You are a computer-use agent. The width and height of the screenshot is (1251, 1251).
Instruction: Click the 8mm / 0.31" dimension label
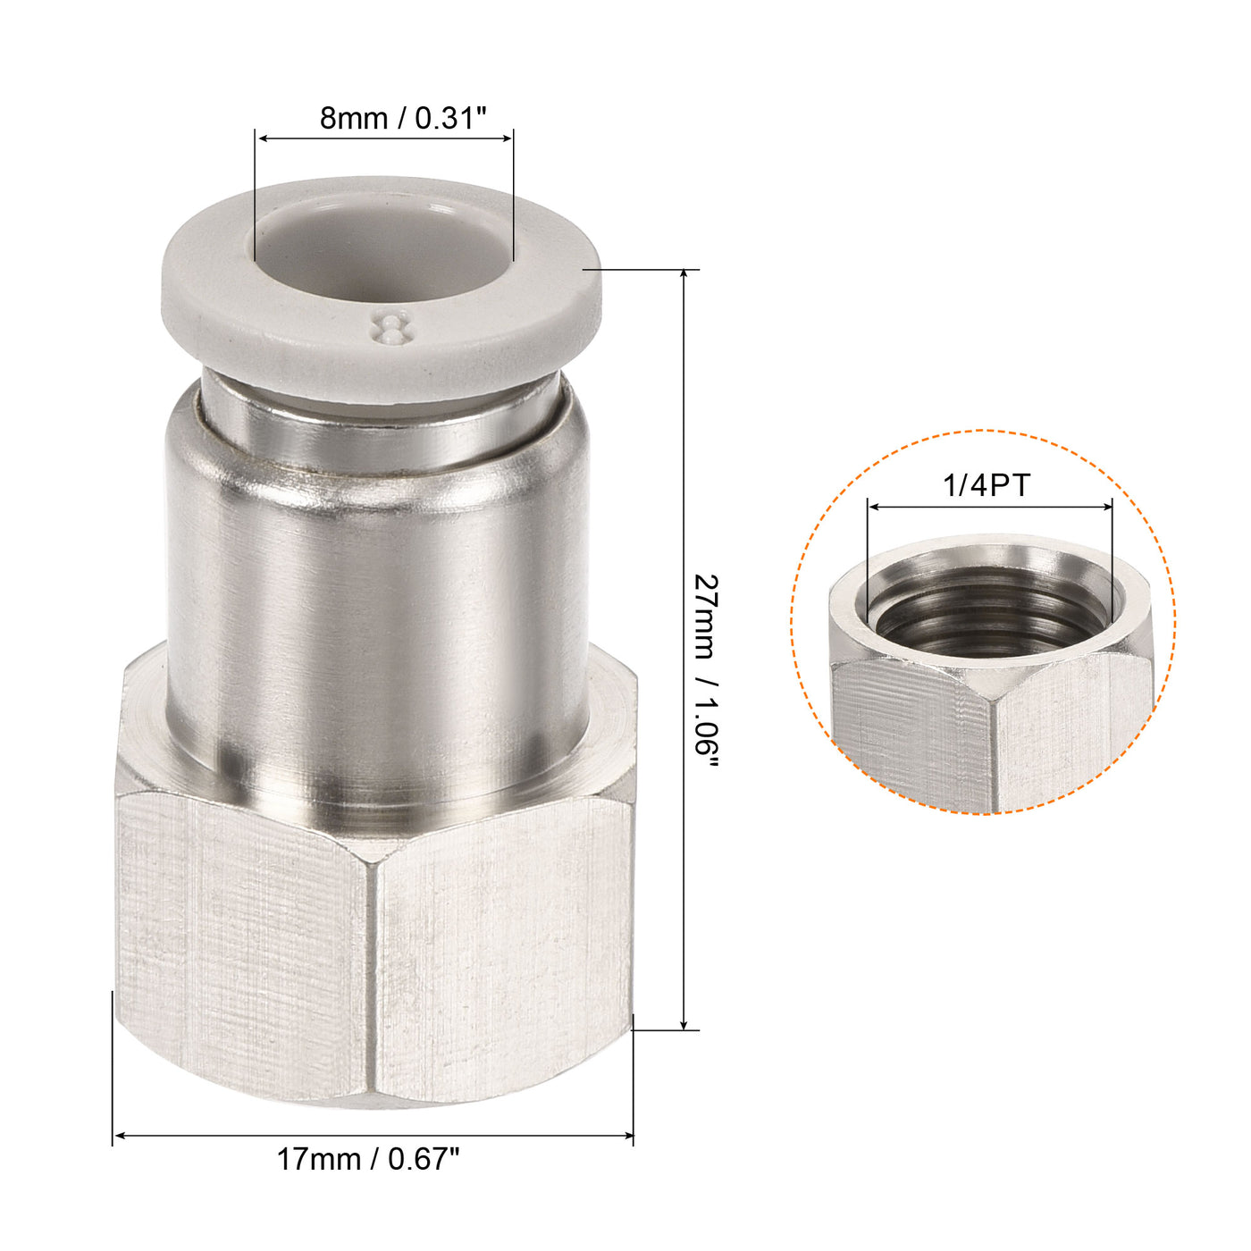(401, 118)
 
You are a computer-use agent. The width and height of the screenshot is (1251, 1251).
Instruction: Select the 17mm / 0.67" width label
(367, 1160)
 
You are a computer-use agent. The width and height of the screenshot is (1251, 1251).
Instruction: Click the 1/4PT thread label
(987, 485)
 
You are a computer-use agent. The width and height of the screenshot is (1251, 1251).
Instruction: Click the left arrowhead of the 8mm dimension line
(261, 138)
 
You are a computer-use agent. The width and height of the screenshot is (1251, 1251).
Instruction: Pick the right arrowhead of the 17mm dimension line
(628, 1136)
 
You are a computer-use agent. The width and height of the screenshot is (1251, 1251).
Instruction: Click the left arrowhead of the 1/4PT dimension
(873, 507)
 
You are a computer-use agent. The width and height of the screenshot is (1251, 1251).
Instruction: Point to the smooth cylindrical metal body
(375, 608)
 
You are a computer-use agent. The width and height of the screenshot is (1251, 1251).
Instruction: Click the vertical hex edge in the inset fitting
(992, 751)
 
